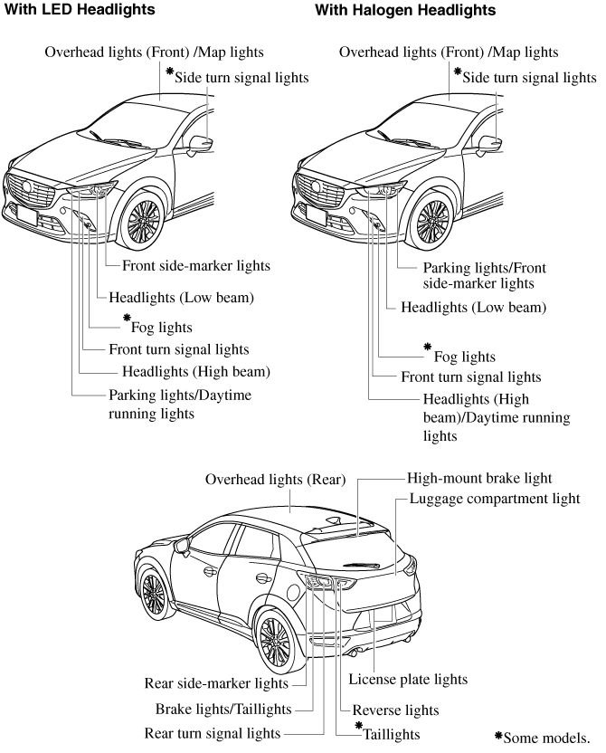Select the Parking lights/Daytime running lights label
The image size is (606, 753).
pos(180,405)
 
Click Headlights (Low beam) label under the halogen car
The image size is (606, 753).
pos(473,308)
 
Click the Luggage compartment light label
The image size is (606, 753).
pos(494,499)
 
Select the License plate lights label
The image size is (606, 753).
pos(408,678)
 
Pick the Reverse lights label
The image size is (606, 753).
pos(395,710)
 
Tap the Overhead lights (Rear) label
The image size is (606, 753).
pos(275,480)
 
